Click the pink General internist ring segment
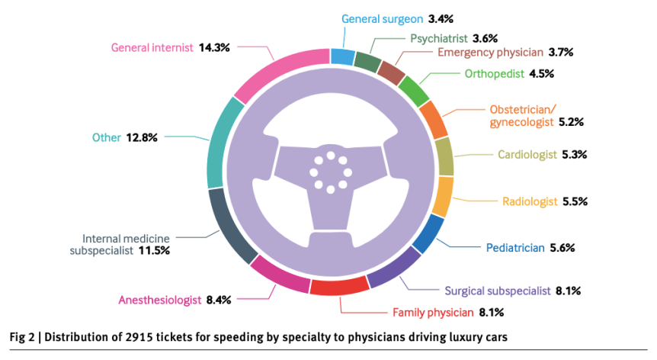click(x=278, y=73)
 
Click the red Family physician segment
click(x=339, y=286)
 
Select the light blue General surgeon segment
click(x=342, y=56)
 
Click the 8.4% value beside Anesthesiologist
click(x=222, y=300)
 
